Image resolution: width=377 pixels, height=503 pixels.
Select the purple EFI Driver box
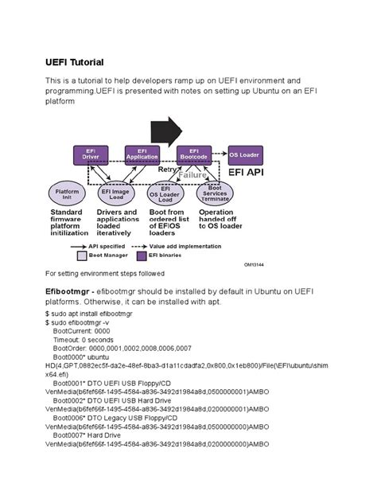coord(90,154)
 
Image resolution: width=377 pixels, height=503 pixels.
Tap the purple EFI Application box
coord(142,154)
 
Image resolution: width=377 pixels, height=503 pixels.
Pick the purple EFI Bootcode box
coord(193,154)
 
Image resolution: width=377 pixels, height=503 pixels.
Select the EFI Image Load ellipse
coord(116,193)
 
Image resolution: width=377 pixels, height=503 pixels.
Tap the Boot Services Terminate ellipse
coord(216,193)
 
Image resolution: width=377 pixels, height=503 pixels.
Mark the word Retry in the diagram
coord(168,169)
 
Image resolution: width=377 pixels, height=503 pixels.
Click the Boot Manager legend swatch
coord(81,255)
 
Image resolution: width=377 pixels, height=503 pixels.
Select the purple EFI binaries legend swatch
coord(144,255)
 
